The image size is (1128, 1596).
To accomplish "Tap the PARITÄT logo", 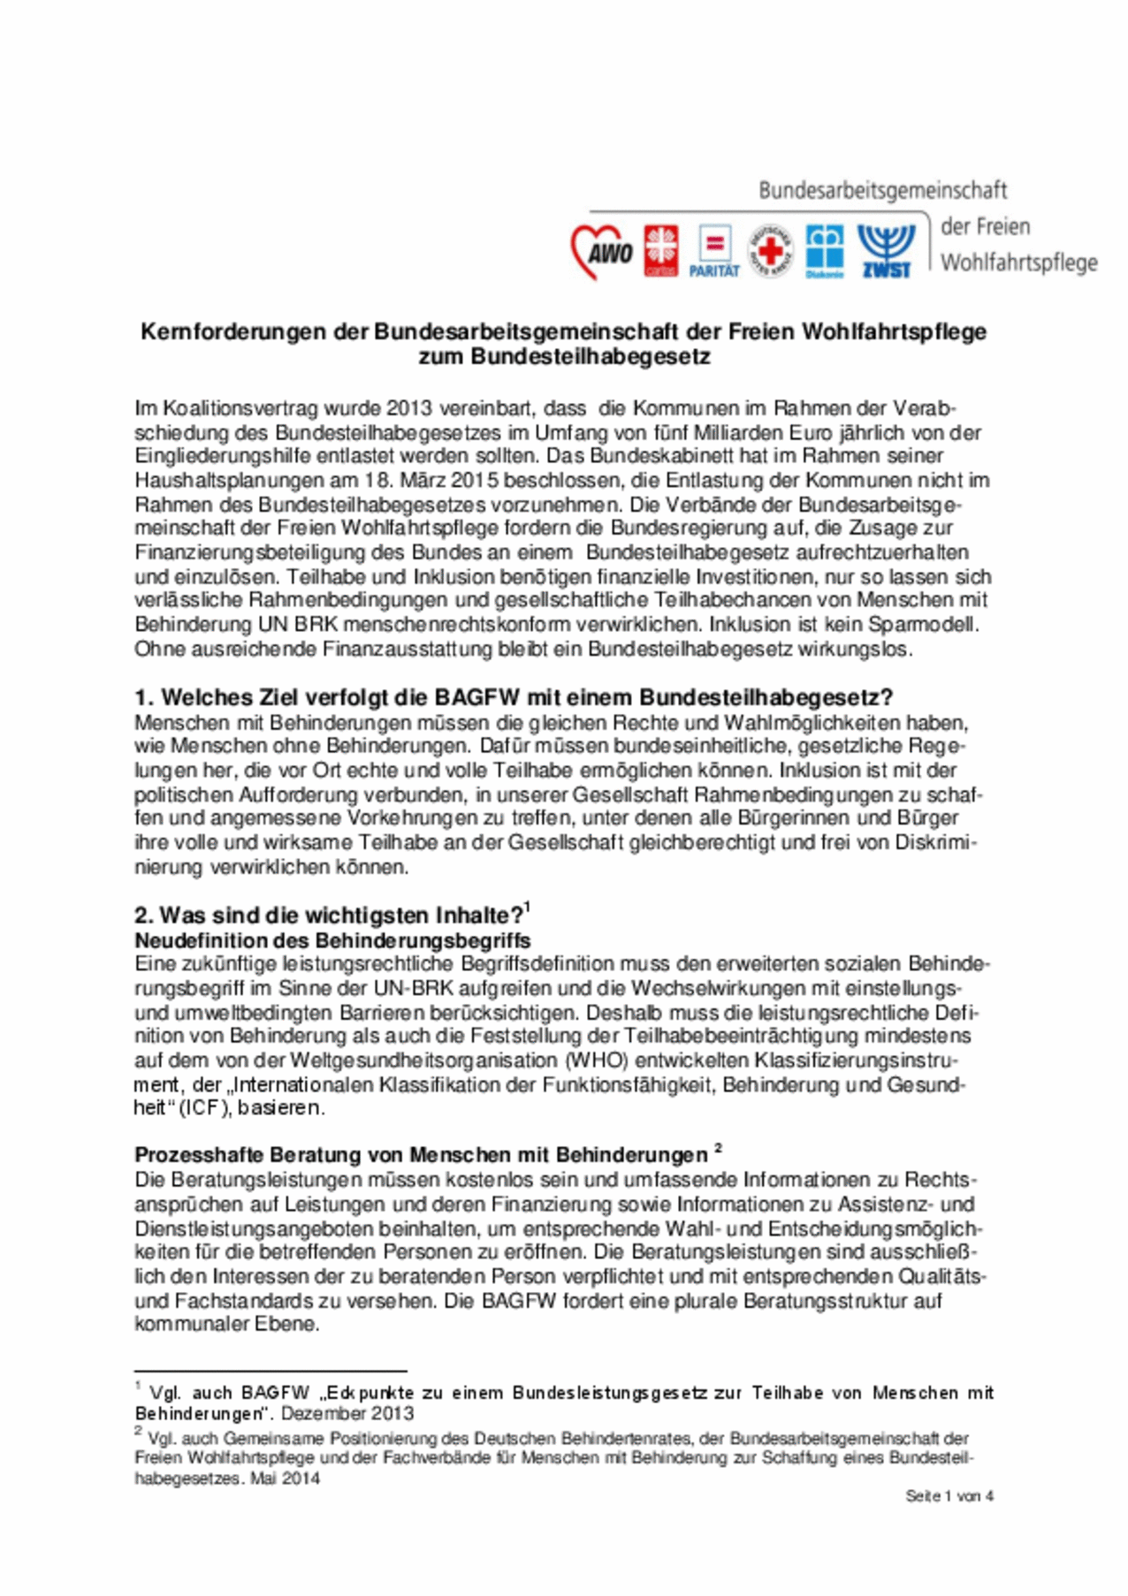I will (x=714, y=251).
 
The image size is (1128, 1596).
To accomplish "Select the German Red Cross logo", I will (x=771, y=251).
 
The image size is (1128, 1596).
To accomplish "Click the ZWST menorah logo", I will (x=887, y=251).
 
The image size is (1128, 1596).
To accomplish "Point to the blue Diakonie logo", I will (x=825, y=251).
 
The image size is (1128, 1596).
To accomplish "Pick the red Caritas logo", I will (x=661, y=251).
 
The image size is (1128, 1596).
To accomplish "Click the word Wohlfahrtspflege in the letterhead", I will (x=1018, y=263).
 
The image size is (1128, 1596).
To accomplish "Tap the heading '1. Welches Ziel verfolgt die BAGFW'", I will (x=513, y=697).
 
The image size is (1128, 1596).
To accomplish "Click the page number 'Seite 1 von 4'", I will (x=949, y=1496).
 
